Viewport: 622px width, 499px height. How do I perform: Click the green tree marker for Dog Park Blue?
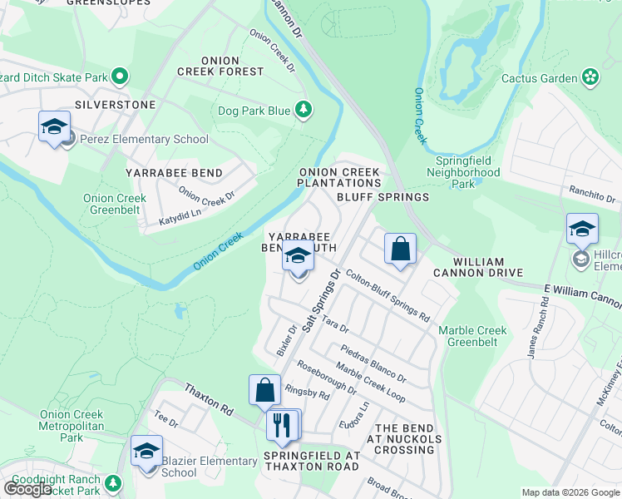point(304,110)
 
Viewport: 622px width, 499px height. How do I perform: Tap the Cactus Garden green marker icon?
point(590,77)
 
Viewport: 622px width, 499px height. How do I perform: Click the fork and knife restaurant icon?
point(282,425)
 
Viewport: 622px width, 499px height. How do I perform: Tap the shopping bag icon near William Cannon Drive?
point(400,249)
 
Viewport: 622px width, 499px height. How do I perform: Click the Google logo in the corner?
point(27,489)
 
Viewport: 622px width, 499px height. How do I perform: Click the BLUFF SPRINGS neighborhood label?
point(383,197)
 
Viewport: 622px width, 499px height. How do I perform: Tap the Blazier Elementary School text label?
point(210,467)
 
